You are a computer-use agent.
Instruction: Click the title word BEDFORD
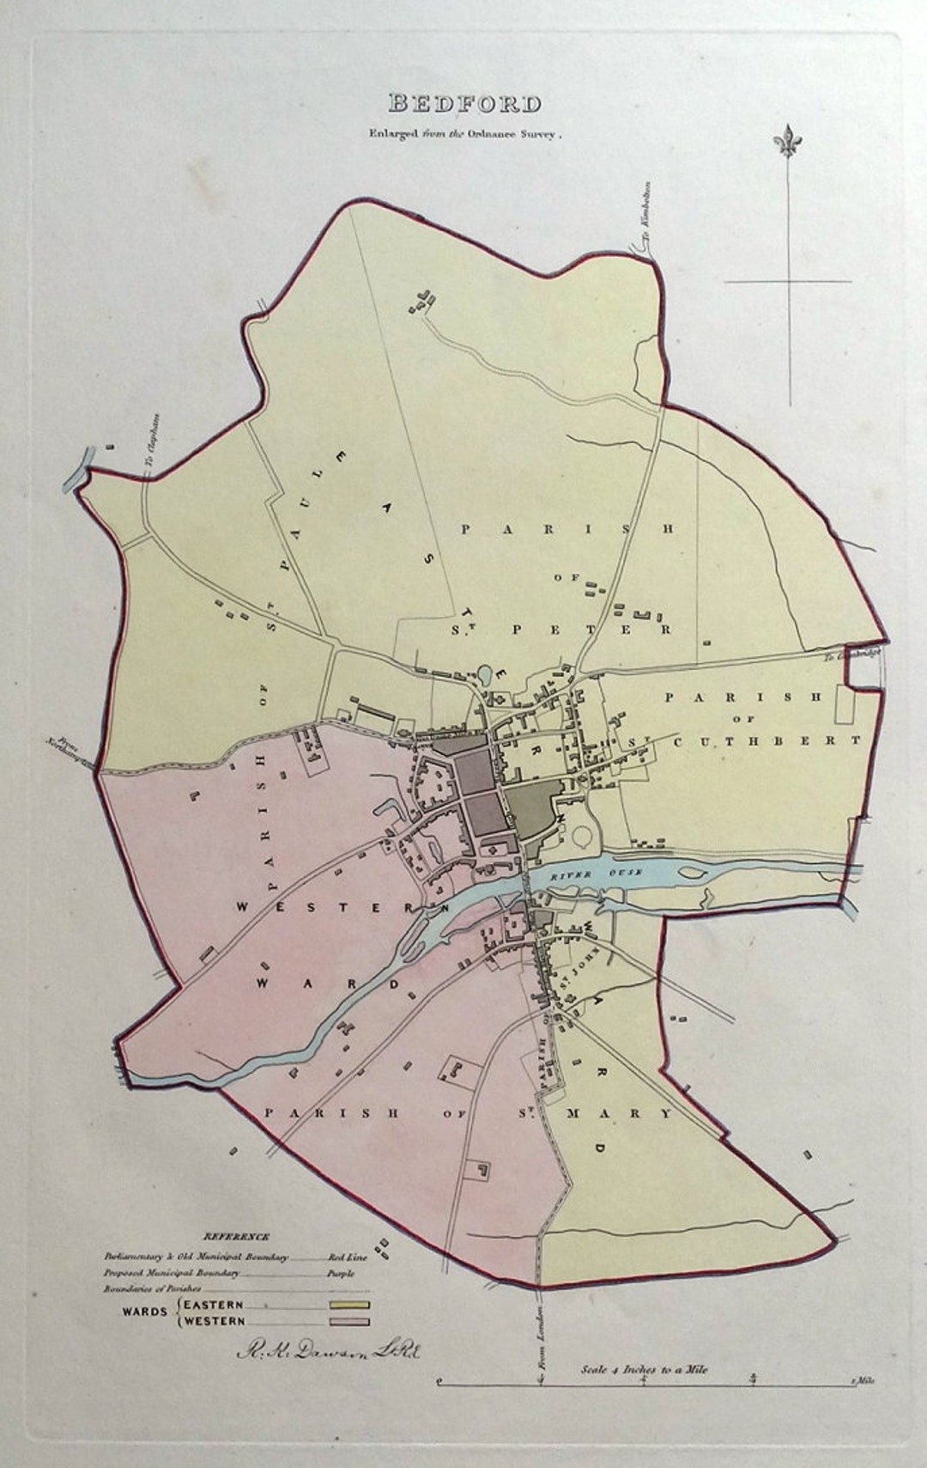tap(464, 104)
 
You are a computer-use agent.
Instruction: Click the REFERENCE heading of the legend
tap(236, 1236)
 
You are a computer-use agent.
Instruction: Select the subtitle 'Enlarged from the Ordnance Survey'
tap(464, 133)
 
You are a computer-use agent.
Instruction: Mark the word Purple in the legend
tap(341, 1273)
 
